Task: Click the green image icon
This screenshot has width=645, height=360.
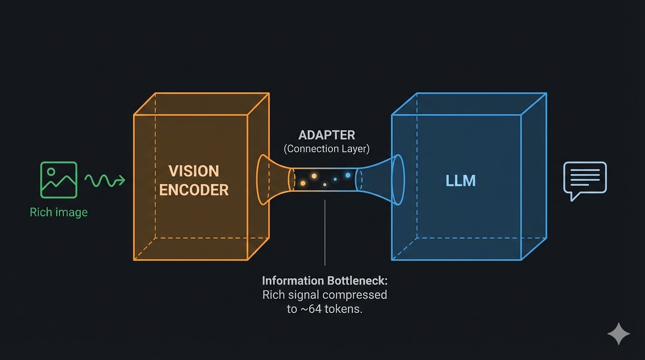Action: click(x=59, y=180)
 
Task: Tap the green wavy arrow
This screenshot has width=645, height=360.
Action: click(x=105, y=180)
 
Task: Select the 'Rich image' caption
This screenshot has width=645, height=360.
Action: click(x=59, y=212)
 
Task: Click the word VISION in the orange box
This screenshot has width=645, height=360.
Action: click(x=194, y=171)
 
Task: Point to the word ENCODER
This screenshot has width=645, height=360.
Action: click(x=194, y=190)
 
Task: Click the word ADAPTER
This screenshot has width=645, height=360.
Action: click(x=327, y=135)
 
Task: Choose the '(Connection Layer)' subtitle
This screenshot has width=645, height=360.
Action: click(x=327, y=149)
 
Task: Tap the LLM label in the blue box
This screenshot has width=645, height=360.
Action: click(x=460, y=181)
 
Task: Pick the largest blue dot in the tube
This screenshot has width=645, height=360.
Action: click(x=348, y=175)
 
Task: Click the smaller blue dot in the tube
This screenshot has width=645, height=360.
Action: click(x=335, y=179)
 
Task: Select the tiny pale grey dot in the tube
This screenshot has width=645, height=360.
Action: click(x=325, y=185)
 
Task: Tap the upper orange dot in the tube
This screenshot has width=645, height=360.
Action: click(x=314, y=176)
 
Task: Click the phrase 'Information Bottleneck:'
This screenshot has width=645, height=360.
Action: click(x=324, y=281)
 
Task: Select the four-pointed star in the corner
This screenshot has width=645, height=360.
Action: click(x=618, y=334)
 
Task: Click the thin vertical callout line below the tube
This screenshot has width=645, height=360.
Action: click(x=325, y=234)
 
